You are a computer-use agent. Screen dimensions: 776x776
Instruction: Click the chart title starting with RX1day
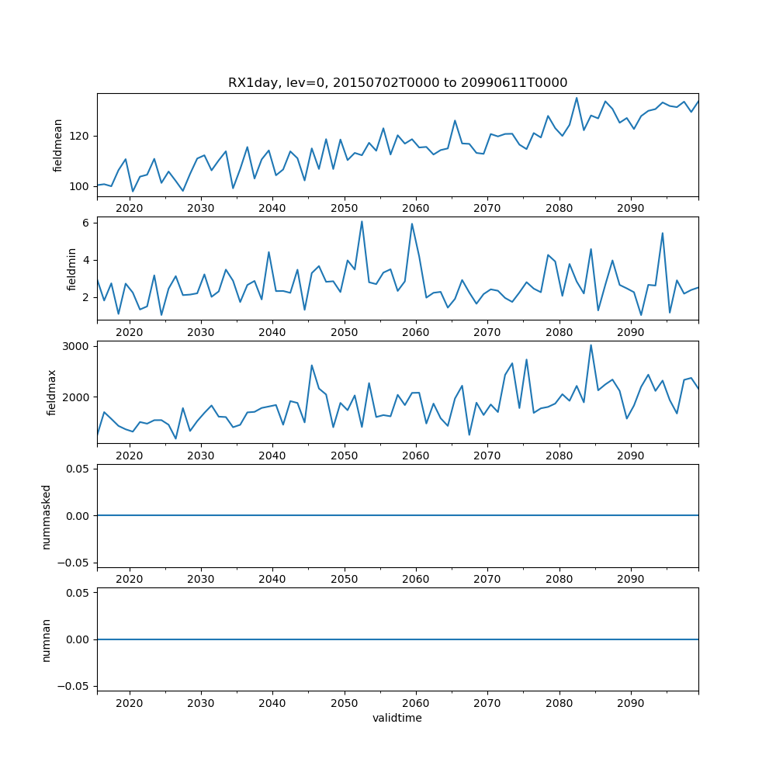(x=397, y=83)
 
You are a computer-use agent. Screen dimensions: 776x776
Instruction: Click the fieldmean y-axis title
(x=58, y=145)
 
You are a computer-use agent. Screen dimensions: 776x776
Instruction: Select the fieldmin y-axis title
(x=72, y=268)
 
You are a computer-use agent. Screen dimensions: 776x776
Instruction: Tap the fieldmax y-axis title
(x=52, y=392)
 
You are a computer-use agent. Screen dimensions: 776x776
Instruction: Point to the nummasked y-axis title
(x=46, y=516)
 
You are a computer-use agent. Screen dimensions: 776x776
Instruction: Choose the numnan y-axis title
(x=46, y=639)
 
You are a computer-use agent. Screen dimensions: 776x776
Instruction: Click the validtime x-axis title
(x=397, y=719)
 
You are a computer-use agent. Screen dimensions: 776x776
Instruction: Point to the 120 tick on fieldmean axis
(x=81, y=136)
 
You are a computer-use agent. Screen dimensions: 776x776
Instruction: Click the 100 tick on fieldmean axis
(x=81, y=186)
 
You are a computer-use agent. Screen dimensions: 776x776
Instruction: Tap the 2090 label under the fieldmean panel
(x=630, y=208)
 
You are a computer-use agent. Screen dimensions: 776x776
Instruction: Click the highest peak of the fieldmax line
(x=591, y=345)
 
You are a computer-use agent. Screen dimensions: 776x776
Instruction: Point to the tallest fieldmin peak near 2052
(x=362, y=221)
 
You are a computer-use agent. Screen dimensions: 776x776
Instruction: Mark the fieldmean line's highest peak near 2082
(x=577, y=98)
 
